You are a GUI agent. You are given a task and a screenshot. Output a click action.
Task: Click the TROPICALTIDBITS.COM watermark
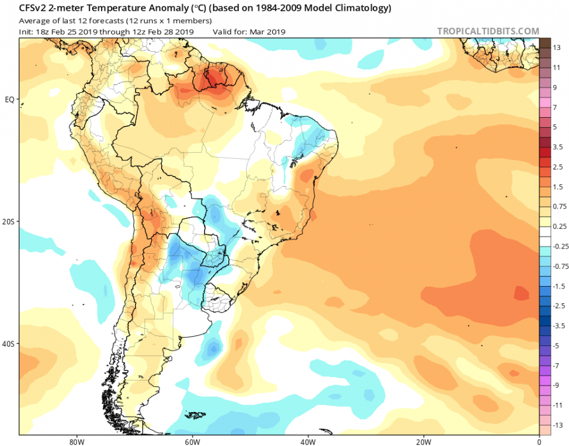tap(488, 31)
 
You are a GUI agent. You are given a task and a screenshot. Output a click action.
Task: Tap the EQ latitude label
tap(10, 99)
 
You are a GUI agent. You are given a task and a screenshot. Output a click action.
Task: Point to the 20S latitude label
tap(8, 222)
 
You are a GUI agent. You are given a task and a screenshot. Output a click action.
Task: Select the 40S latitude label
tap(8, 344)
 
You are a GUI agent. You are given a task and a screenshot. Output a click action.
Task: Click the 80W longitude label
tap(75, 442)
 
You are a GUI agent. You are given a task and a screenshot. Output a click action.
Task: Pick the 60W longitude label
tap(191, 442)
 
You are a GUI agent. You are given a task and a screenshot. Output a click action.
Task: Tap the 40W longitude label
tap(307, 442)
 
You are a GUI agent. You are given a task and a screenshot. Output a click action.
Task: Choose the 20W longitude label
tap(423, 442)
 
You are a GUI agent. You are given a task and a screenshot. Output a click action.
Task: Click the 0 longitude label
tap(539, 442)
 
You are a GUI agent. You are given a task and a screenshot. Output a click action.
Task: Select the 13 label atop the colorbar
tap(557, 48)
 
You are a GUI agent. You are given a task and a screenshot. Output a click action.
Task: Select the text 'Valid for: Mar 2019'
tap(249, 32)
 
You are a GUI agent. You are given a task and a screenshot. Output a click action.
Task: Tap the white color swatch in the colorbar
tap(545, 236)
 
